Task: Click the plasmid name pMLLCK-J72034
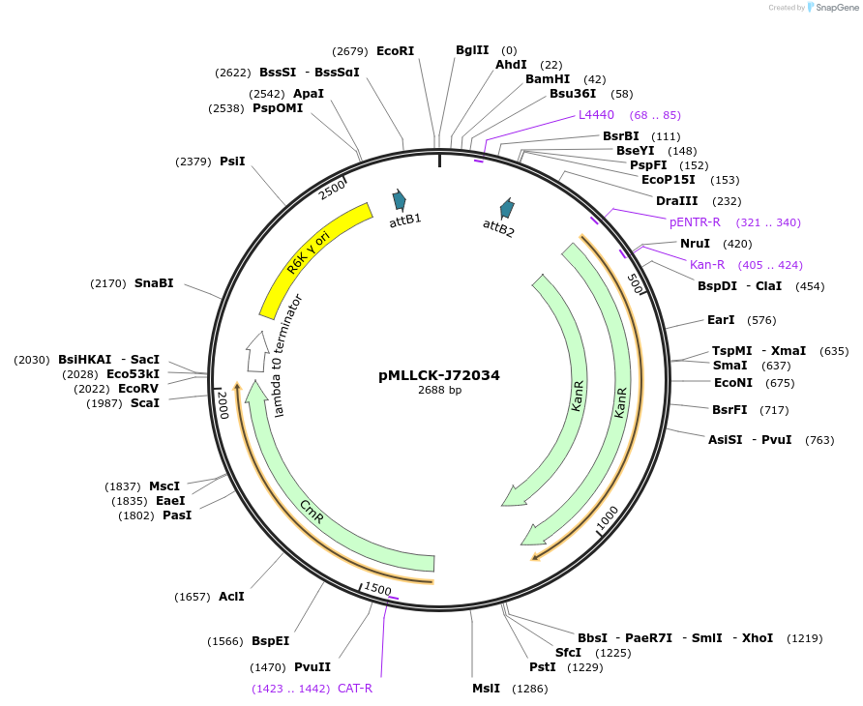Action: [x=438, y=375]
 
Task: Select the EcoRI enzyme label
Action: [x=395, y=51]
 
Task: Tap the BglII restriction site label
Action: [x=472, y=50]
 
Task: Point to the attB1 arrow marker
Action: [x=399, y=200]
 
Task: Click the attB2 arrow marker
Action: [x=506, y=207]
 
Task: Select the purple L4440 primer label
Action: [x=596, y=115]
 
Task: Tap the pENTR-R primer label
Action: [x=695, y=222]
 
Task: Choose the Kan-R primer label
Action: [x=707, y=265]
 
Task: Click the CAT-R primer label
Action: [x=354, y=689]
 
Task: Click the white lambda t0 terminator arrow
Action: [x=257, y=352]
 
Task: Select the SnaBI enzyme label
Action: [x=154, y=283]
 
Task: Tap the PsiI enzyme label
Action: [x=232, y=162]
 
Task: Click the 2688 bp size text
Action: [x=439, y=390]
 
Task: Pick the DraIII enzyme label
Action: [x=676, y=201]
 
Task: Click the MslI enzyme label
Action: [x=486, y=689]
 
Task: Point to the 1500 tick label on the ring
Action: [x=377, y=589]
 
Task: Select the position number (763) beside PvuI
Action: [x=818, y=440]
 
